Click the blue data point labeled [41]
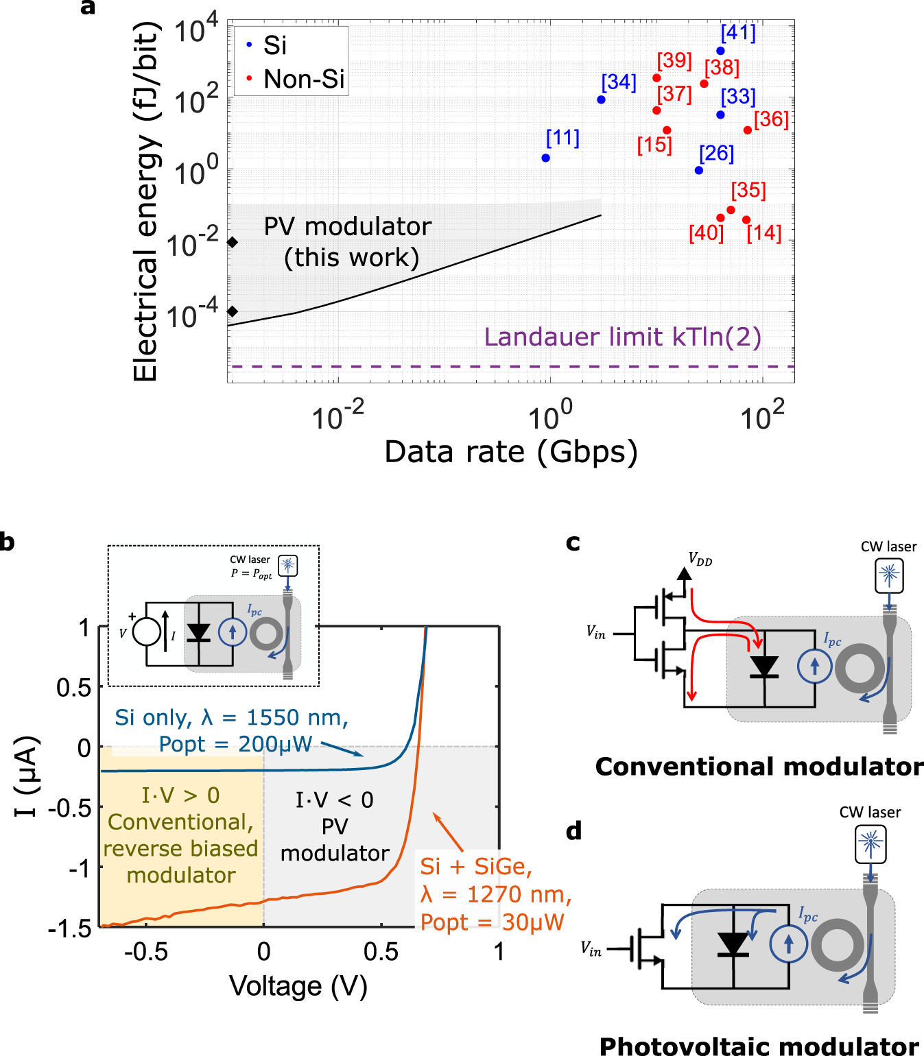point(720,51)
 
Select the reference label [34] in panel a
point(619,82)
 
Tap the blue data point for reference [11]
point(545,158)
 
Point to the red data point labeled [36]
point(747,130)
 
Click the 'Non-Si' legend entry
point(303,80)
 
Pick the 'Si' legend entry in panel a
point(274,45)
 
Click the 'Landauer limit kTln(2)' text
point(622,337)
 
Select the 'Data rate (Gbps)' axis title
point(511,452)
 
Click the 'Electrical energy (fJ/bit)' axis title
point(145,202)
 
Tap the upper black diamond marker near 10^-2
point(233,242)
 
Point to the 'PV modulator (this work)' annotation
point(348,241)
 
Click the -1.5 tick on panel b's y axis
point(70,928)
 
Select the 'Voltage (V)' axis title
point(298,986)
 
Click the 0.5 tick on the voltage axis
point(381,952)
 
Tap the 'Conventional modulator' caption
point(759,766)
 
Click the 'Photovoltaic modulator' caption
point(759,1046)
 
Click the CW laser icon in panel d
point(870,843)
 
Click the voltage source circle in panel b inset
point(146,632)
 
